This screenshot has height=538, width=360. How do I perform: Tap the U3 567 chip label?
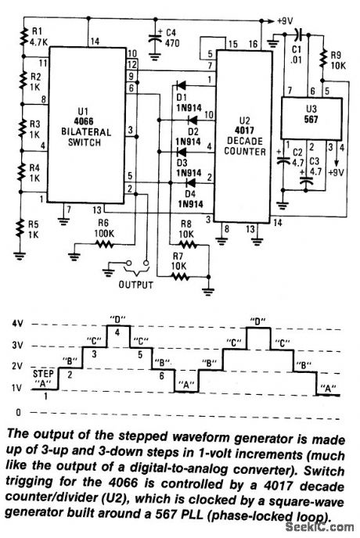[x=303, y=110]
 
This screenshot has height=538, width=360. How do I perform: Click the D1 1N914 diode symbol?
[x=178, y=85]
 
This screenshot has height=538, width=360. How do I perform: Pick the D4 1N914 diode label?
[x=189, y=198]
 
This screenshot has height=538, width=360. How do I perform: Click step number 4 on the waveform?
[x=117, y=334]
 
